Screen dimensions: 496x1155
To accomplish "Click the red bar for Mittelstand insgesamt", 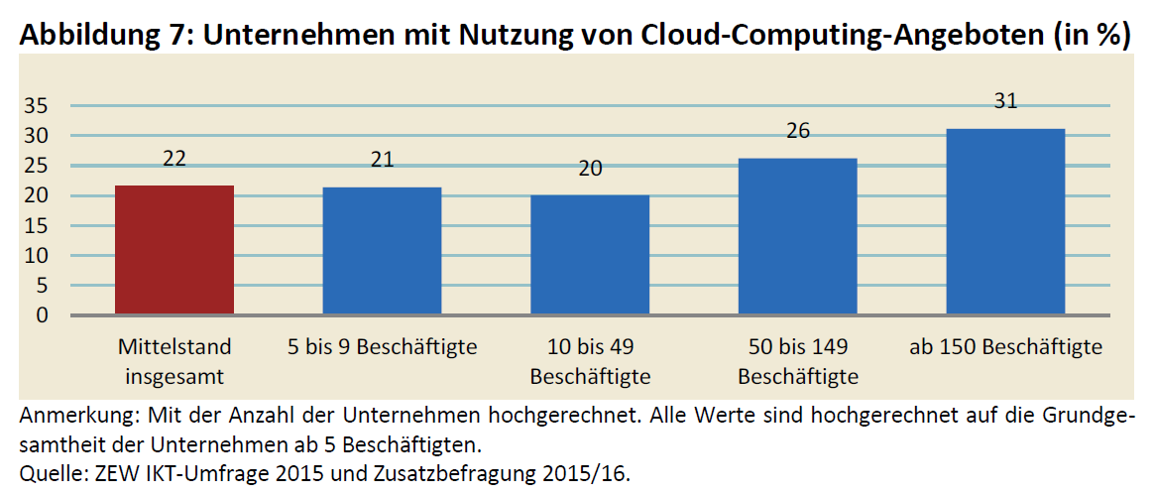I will [174, 250].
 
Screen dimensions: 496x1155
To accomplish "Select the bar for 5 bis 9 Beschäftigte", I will [383, 251].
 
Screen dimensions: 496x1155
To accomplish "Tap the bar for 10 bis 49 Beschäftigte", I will [590, 255].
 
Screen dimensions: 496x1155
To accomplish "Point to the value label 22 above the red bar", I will [174, 159].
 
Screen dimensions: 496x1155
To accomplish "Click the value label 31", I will [1005, 102].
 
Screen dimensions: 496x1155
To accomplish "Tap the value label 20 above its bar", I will [590, 169].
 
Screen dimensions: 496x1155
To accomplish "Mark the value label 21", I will [383, 161].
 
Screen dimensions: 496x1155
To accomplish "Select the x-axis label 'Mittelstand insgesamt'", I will [174, 361].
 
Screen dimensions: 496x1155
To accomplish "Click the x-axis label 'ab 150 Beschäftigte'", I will [1005, 347].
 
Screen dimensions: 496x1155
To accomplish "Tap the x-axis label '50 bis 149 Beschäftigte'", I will [798, 361].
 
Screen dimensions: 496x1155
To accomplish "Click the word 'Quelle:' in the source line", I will [51, 473].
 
